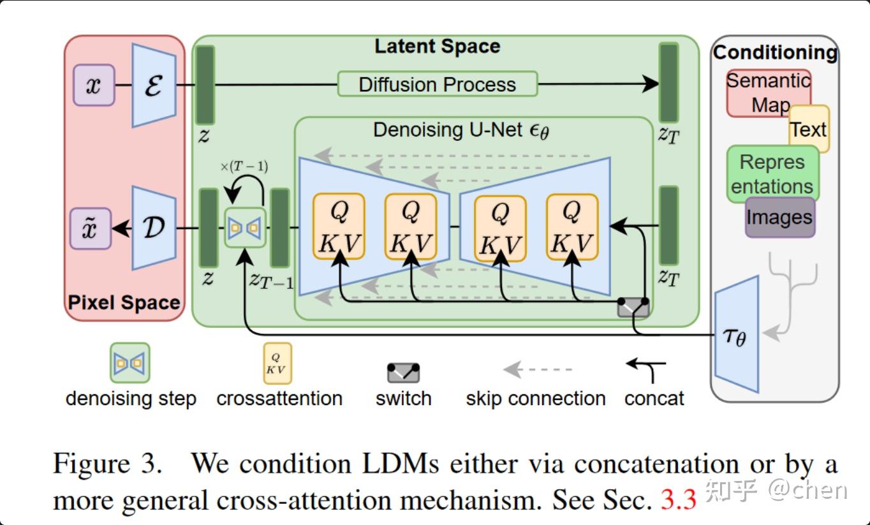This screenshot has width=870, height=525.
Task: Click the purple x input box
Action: pos(94,85)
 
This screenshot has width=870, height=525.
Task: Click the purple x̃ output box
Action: pos(91,228)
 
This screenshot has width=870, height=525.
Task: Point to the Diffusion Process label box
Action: pos(437,84)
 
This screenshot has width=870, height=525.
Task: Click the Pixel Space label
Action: pos(124,302)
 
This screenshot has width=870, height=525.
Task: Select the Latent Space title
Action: pos(437,47)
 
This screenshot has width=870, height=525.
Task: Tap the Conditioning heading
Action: pos(775,52)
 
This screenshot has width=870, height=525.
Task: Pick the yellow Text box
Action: pos(809,129)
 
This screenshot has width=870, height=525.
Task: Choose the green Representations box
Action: pos(772,174)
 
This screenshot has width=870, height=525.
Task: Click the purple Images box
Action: pos(779,218)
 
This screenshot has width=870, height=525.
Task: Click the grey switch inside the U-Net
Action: pos(633,307)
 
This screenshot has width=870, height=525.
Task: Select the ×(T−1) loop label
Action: pos(244,167)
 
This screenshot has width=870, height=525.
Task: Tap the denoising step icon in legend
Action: pos(129,363)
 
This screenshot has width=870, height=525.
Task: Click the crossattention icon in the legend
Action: pos(277,363)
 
